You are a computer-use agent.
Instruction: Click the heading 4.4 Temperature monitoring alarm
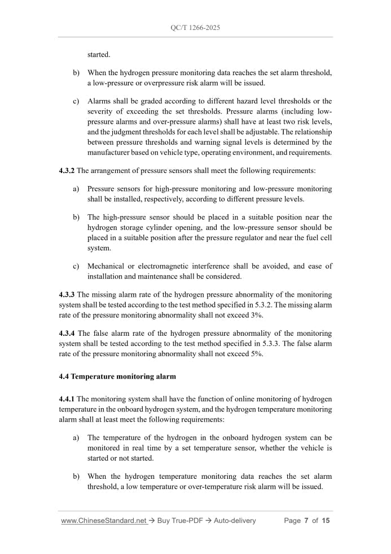click(117, 376)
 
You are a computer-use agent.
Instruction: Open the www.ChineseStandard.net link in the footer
click(103, 521)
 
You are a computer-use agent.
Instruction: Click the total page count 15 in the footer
click(326, 521)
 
